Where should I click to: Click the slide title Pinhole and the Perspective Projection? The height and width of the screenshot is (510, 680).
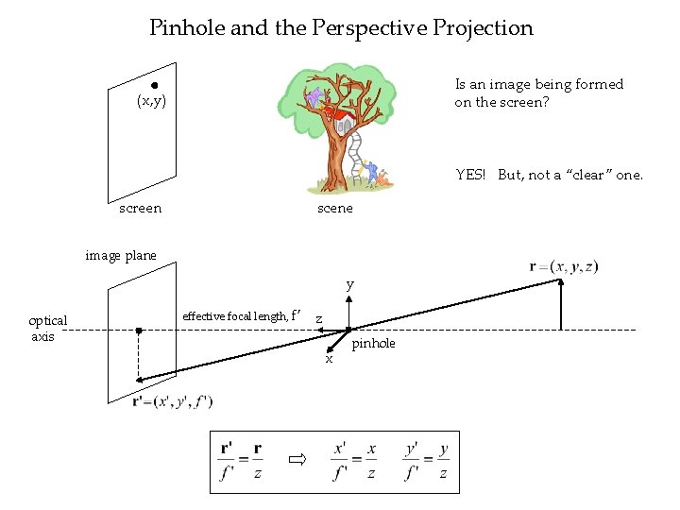point(341,28)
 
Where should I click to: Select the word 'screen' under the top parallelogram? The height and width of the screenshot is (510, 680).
point(141,208)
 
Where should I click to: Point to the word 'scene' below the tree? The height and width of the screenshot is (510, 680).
point(334,208)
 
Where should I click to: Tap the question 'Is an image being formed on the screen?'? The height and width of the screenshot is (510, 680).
point(538,93)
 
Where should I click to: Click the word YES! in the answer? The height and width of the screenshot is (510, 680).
point(470,175)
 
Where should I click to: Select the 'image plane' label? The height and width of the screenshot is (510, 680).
point(121,255)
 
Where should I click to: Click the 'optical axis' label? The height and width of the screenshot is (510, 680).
point(47,329)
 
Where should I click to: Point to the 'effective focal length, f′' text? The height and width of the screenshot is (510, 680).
point(242,315)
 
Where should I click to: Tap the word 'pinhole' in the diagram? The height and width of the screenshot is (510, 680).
point(373,344)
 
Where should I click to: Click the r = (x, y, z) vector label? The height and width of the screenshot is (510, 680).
point(564,267)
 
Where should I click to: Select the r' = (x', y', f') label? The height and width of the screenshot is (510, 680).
point(173,401)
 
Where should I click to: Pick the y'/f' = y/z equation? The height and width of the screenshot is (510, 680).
point(426,460)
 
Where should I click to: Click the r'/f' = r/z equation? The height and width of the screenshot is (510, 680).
point(241,460)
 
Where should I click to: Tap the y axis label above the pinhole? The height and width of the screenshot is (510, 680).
point(349,284)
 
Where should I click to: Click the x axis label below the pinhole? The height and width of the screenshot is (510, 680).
point(329,359)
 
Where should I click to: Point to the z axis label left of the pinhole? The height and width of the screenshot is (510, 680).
point(318,319)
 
